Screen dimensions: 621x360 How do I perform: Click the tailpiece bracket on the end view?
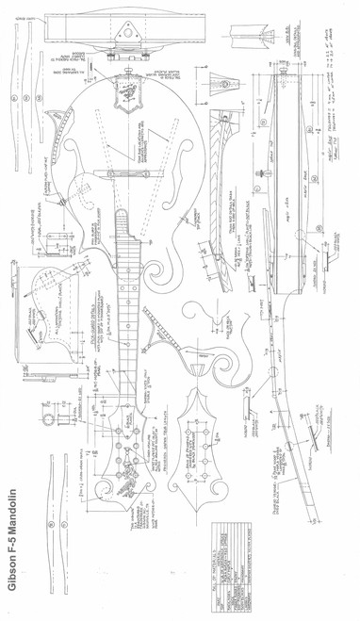click(x=123, y=35)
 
